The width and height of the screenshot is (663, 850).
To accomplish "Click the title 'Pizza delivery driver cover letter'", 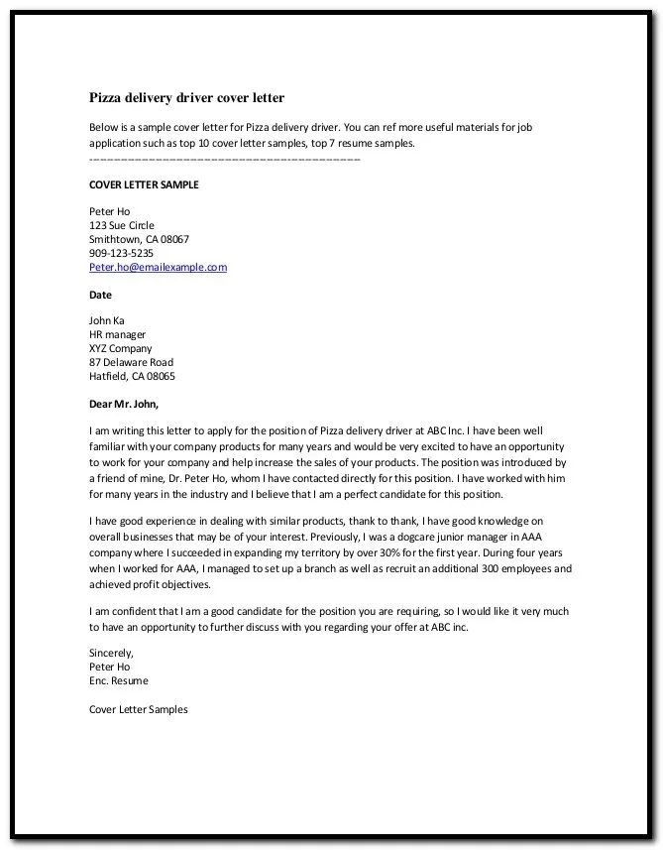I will [x=186, y=98].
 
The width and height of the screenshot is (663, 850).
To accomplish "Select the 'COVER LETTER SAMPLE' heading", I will [x=144, y=184].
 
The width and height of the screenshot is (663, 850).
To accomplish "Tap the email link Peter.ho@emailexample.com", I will [x=158, y=267].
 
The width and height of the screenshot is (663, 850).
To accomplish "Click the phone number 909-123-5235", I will [x=121, y=253].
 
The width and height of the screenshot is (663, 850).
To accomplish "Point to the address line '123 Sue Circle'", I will [x=121, y=225].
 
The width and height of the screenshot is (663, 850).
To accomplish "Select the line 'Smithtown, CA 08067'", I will [x=139, y=239].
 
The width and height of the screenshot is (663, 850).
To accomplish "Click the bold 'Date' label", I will [x=100, y=295].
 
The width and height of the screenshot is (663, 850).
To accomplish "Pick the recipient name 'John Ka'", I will [x=106, y=320].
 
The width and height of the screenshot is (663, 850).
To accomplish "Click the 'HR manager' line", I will [x=117, y=334].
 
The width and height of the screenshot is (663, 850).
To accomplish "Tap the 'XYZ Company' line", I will [x=120, y=348].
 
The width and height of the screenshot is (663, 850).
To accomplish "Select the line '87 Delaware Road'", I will [x=131, y=362].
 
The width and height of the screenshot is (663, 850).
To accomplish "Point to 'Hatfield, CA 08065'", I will [x=132, y=376].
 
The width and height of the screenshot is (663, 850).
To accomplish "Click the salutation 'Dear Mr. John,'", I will [x=123, y=404].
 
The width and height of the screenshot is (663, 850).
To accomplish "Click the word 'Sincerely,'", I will [x=111, y=653].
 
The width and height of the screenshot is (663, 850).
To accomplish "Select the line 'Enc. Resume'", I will [x=118, y=680].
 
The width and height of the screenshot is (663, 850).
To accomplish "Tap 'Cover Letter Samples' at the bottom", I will [x=138, y=709].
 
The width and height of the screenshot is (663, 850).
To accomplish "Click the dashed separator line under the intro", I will [x=224, y=159].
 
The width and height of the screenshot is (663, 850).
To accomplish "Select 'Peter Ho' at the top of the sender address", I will [x=109, y=211].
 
